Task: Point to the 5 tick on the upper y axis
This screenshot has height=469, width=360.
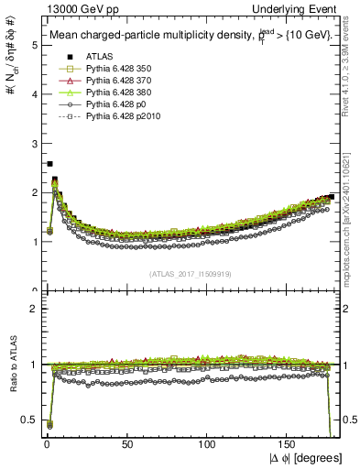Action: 34,45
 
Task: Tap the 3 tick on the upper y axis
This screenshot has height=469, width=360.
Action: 34,144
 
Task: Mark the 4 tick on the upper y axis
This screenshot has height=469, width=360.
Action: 34,94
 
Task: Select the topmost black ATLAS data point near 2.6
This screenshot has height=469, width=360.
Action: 49,163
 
